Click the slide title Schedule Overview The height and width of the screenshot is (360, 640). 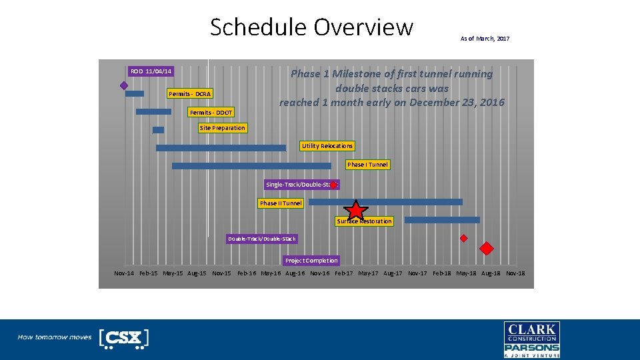tap(311, 27)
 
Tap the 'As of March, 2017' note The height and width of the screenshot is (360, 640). tap(485, 39)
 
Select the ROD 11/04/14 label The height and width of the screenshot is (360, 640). tap(151, 71)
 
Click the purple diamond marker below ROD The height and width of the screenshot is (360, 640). tap(124, 85)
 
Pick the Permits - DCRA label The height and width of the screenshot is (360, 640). tap(189, 94)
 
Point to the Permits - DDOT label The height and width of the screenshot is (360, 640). tap(211, 113)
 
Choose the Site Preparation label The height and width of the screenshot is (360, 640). tap(222, 128)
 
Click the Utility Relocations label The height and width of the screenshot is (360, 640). tap(327, 146)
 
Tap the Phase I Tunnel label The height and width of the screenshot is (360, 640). tap(367, 165)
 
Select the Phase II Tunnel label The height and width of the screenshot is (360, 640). tap(281, 203)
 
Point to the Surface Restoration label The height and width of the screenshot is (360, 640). tap(364, 221)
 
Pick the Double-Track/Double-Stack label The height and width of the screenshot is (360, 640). tap(261, 239)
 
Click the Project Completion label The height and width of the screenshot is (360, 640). tap(311, 261)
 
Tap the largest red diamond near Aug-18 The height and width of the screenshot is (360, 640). tap(487, 249)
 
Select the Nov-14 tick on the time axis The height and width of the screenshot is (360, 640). tap(124, 273)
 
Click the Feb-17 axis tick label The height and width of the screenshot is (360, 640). tap(344, 273)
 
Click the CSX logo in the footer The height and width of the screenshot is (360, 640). tap(123, 338)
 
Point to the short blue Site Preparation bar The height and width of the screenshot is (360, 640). tap(158, 130)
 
